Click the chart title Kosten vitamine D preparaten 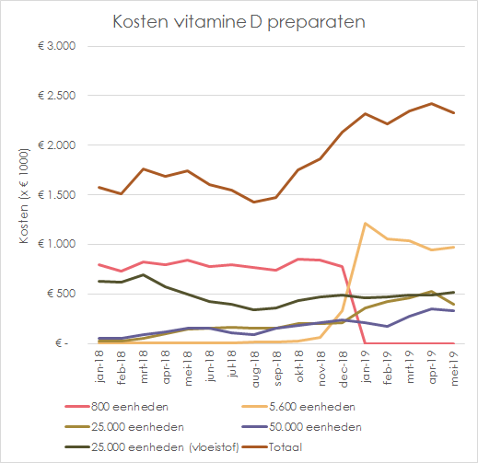coord(238,21)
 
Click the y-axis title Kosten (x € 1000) coord(27,194)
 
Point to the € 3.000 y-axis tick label coord(62,46)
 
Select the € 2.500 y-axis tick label coord(62,96)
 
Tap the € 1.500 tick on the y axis coord(62,194)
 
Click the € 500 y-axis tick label coord(65,294)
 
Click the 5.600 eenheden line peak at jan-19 coord(364,223)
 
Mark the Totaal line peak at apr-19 coord(430,104)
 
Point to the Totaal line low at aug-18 coord(253,202)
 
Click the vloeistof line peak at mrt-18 coord(143,274)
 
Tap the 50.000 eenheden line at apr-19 coord(430,308)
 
